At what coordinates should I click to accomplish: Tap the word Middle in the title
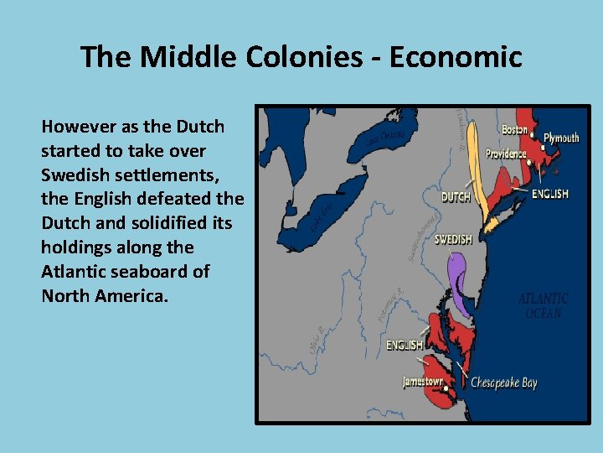click(180, 57)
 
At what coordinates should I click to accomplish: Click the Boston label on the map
click(515, 130)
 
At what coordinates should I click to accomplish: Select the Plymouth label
click(561, 138)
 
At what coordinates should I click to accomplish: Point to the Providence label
click(505, 154)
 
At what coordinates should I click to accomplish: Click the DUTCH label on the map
click(456, 198)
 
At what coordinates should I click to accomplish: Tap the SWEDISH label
click(453, 240)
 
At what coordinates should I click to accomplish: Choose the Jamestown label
click(423, 382)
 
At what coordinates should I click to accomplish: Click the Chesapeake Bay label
click(503, 383)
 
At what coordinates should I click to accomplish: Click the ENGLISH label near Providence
click(550, 194)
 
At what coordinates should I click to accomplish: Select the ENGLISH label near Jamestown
click(405, 345)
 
